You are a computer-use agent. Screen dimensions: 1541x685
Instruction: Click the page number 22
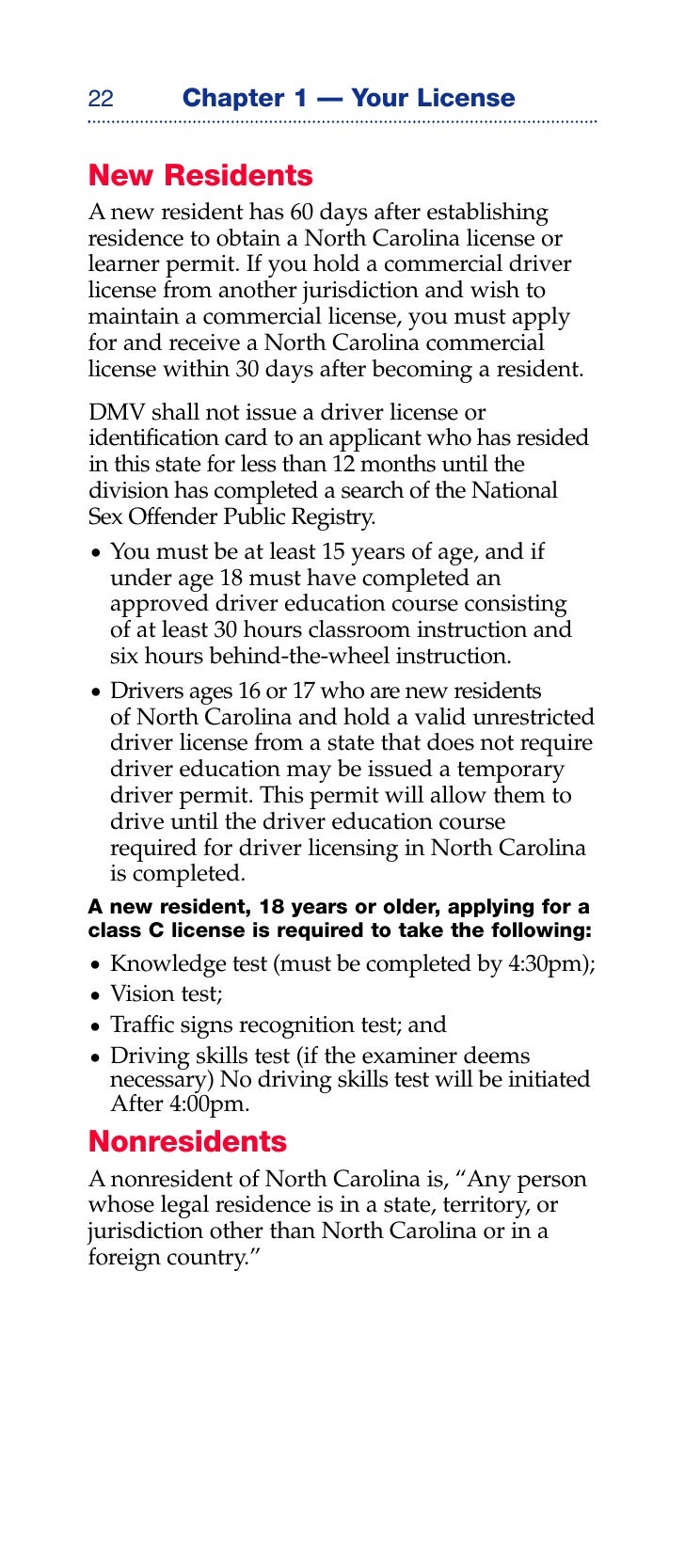(x=101, y=99)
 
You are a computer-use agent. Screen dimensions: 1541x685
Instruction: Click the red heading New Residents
(x=200, y=176)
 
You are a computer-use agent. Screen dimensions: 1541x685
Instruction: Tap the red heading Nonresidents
(x=187, y=1141)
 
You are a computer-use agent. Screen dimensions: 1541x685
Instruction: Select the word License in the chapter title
(x=469, y=98)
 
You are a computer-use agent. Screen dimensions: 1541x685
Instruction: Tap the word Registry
(x=337, y=516)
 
